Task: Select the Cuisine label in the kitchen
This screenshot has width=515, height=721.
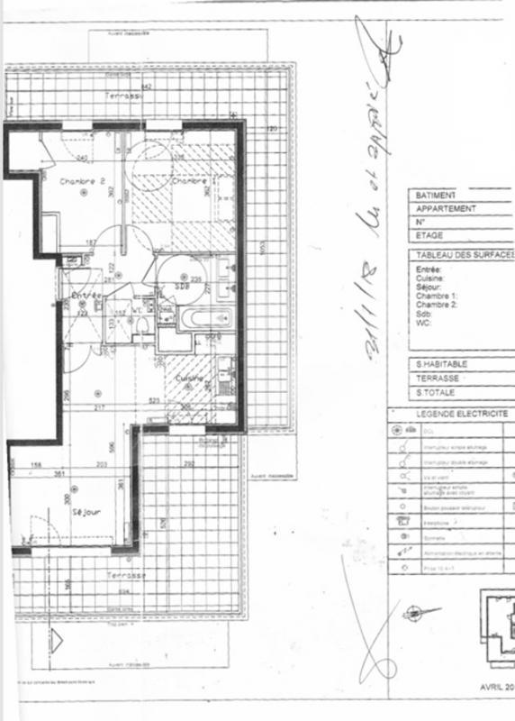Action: coord(190,379)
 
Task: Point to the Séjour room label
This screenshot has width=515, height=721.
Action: coord(86,511)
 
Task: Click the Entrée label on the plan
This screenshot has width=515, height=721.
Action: coord(86,296)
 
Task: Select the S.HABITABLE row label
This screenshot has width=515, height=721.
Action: coord(441,365)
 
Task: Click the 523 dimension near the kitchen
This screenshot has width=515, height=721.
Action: coord(154,400)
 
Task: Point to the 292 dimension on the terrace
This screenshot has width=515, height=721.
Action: coord(190,463)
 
